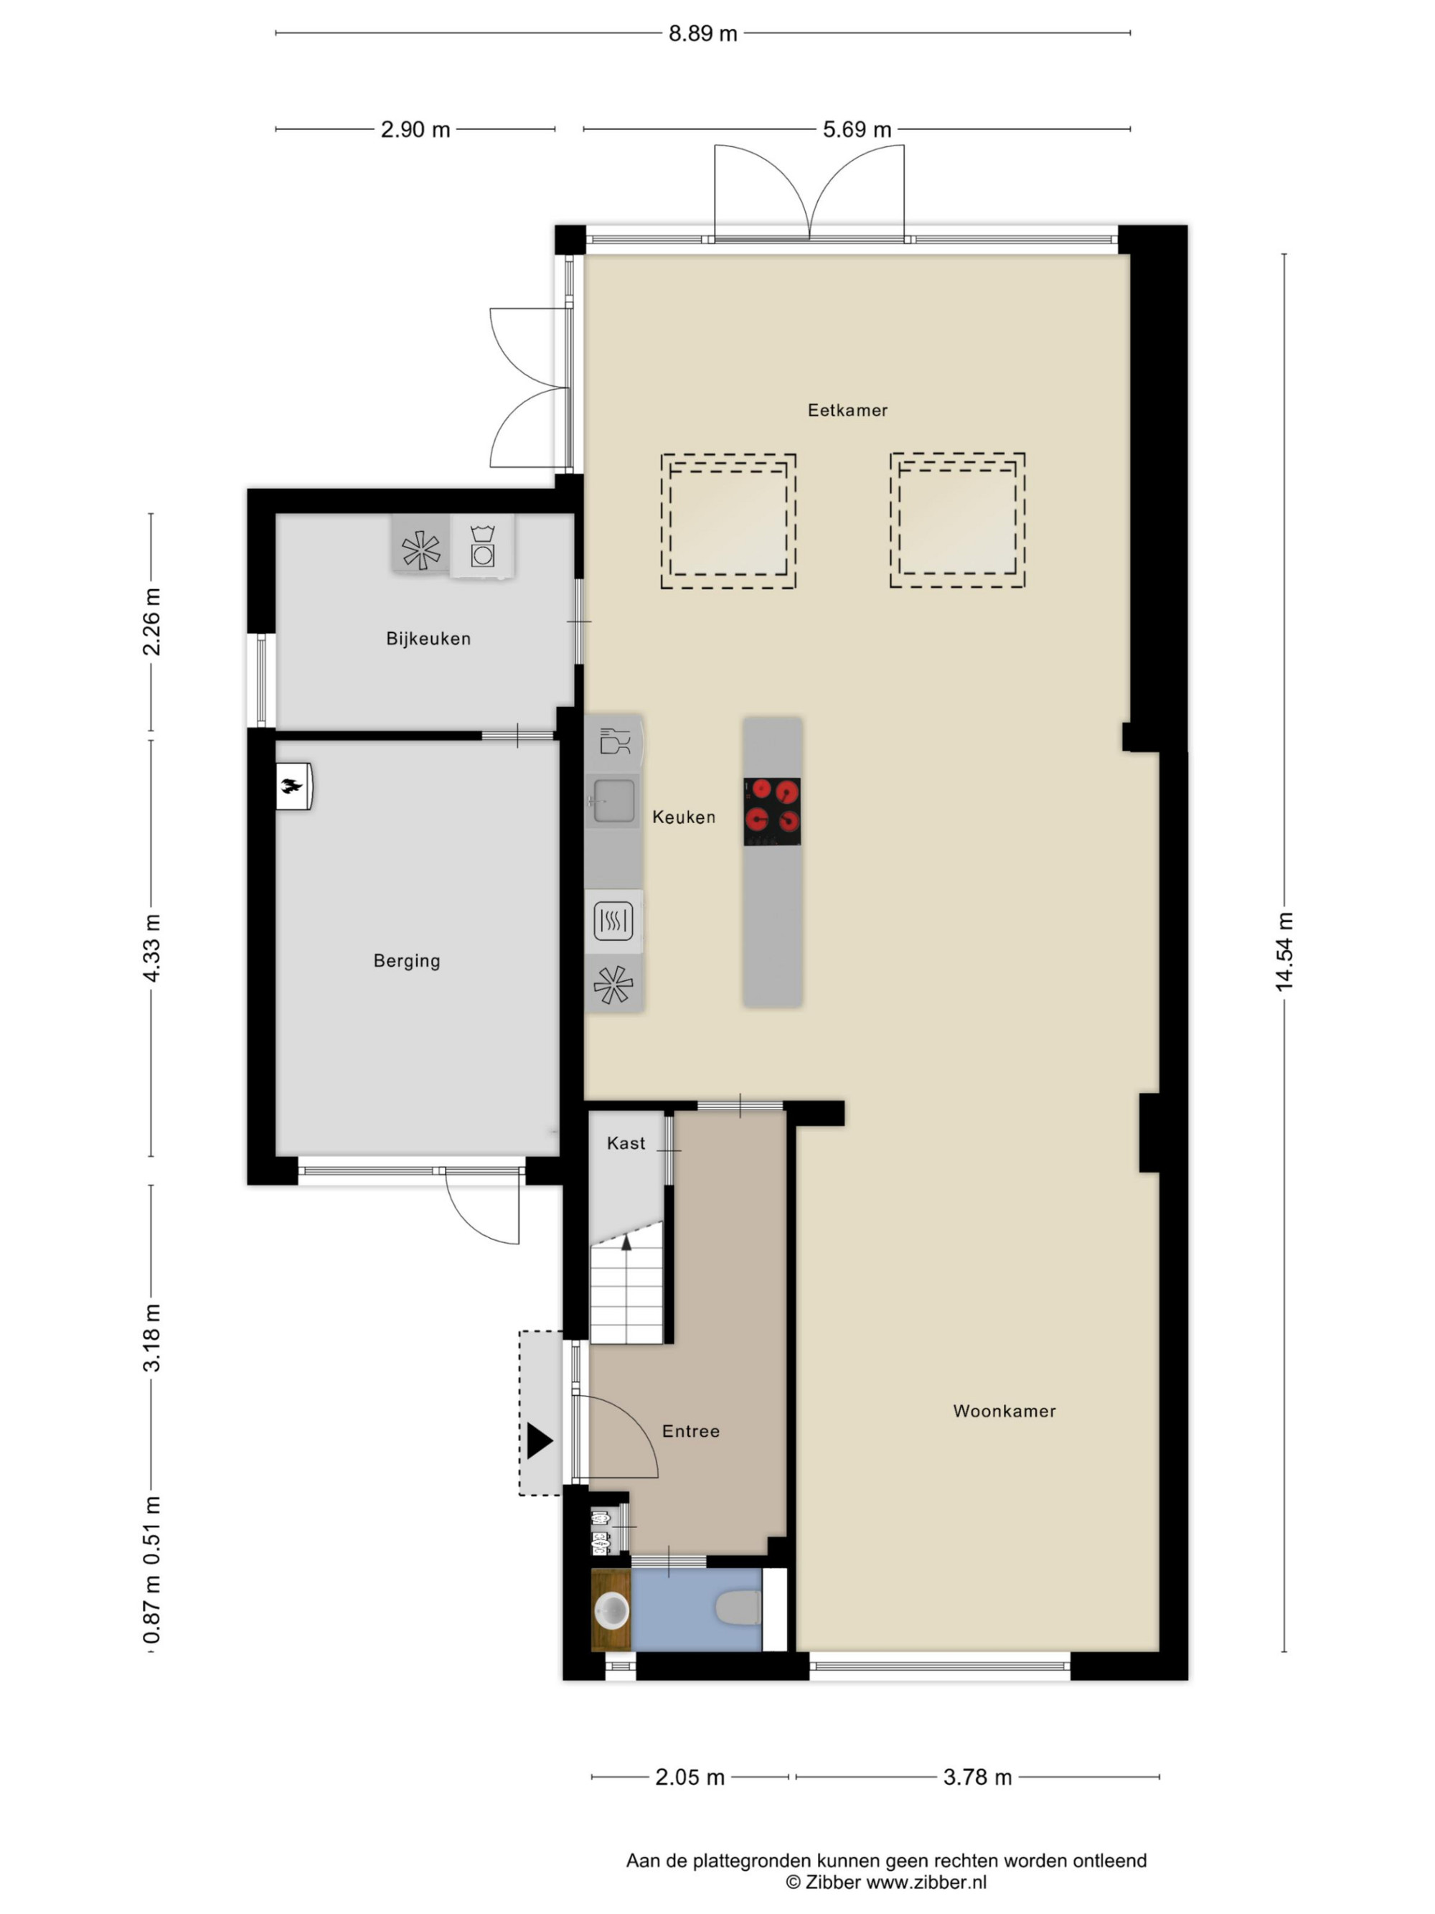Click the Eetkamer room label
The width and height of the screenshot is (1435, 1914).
tap(847, 411)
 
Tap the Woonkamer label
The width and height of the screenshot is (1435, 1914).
tap(1004, 1411)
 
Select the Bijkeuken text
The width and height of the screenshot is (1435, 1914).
tap(428, 639)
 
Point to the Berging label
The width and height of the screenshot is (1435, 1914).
tap(407, 960)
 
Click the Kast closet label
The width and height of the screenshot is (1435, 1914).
tap(626, 1143)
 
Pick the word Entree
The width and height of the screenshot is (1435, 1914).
tap(690, 1431)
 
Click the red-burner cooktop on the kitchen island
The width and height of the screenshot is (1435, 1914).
tap(771, 812)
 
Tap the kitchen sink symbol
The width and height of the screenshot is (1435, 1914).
tap(613, 799)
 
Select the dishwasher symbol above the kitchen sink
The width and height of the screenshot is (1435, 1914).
tap(614, 742)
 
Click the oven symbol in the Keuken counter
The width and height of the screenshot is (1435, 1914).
tap(613, 921)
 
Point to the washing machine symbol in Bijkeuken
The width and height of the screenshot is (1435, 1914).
tap(481, 546)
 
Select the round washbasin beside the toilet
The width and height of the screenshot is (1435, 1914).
tap(611, 1610)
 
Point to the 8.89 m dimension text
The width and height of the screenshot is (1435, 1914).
tap(702, 34)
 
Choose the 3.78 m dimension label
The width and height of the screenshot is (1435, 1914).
tap(977, 1777)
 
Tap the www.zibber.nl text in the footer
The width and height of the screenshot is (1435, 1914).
tap(926, 1882)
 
